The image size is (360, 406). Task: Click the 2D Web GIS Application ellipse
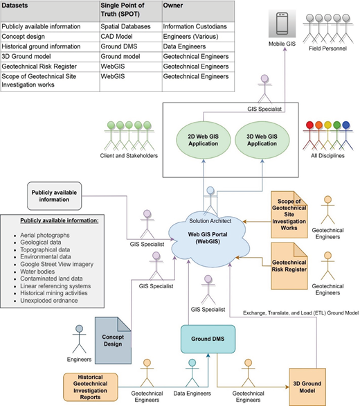coord(203,140)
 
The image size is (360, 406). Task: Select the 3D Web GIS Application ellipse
coord(262,140)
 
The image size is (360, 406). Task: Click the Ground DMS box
coord(208,339)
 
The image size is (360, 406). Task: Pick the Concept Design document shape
coord(113,340)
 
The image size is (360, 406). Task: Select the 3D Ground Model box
coord(307,387)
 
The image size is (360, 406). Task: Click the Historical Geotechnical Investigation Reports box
coord(90,387)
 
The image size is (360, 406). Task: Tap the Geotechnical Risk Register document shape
coord(289,266)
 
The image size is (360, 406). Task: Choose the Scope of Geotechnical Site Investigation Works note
coord(289,215)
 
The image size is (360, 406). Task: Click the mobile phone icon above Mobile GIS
coord(282,24)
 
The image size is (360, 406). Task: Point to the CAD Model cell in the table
coord(116,37)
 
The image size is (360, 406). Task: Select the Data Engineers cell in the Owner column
coord(184,46)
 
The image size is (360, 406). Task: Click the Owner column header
coord(172,6)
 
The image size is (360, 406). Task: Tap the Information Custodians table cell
coord(195,26)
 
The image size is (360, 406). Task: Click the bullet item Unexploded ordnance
coord(49,301)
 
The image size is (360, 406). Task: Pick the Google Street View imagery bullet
coord(57,265)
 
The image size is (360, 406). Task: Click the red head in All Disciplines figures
coord(309,125)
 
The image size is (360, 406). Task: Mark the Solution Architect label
coord(210,221)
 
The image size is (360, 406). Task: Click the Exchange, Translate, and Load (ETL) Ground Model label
coord(300,313)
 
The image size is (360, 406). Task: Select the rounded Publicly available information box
coord(55,196)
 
